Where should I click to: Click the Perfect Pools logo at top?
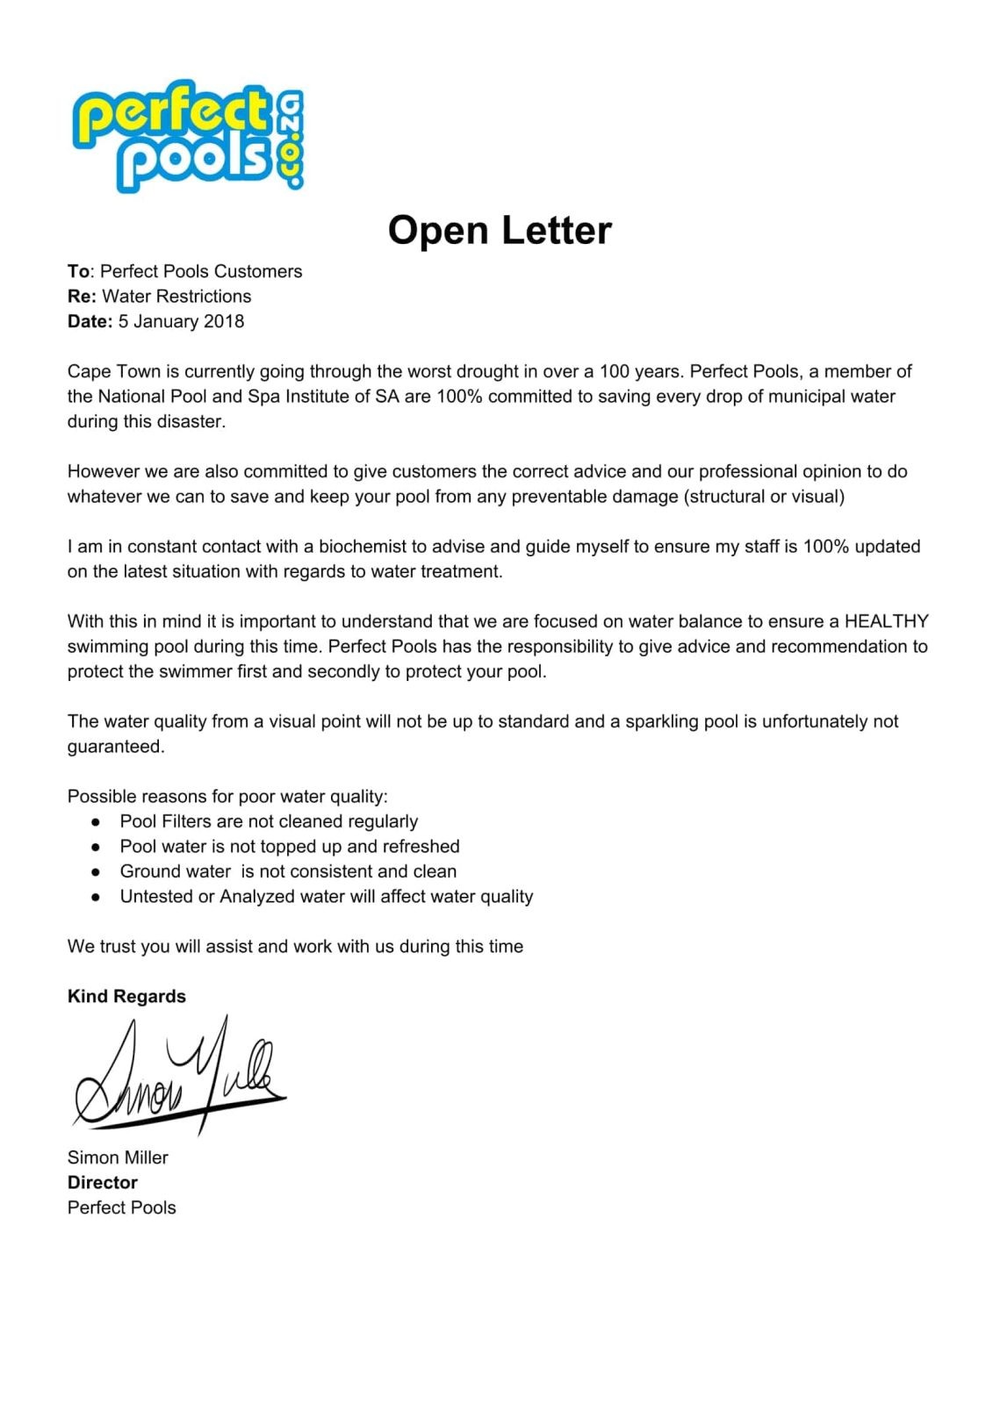pos(188,136)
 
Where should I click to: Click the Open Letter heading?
pos(499,231)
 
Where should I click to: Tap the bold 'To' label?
pos(78,271)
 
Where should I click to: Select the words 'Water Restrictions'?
pos(176,297)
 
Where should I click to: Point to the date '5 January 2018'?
pos(181,321)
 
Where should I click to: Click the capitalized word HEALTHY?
pos(886,621)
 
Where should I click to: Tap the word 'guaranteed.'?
pos(116,747)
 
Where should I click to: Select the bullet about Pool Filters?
pos(269,821)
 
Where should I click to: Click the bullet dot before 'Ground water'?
pos(96,872)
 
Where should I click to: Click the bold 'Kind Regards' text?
pos(126,996)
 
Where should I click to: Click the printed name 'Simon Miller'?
pos(118,1157)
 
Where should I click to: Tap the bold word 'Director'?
pos(103,1183)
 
